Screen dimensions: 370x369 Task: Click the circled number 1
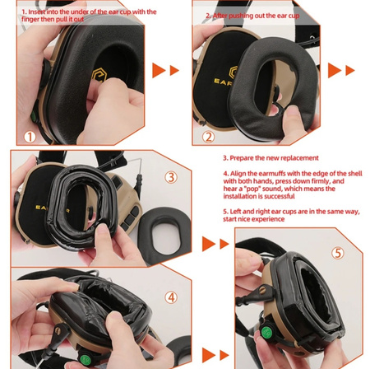coord(30,137)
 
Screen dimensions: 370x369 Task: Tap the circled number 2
coord(208,137)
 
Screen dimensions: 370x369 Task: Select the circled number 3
coord(171,177)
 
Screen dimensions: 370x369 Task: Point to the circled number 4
coord(171,297)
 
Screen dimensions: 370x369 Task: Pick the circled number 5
coord(338,253)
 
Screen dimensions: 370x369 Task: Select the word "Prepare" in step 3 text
coord(242,158)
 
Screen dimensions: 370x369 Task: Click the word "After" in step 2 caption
coord(220,16)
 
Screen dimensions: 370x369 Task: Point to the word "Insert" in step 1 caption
coord(37,12)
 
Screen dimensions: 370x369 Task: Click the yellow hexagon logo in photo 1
coord(99,75)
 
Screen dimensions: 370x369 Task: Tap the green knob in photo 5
coord(266,333)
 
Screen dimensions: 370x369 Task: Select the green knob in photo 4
coord(86,359)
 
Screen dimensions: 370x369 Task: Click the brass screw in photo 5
coord(263,290)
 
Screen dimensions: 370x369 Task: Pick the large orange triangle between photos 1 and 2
coord(159,70)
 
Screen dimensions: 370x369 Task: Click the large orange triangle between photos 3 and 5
coord(209,244)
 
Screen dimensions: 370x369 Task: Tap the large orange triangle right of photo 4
coord(209,355)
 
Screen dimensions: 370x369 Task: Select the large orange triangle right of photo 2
coord(335,70)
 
